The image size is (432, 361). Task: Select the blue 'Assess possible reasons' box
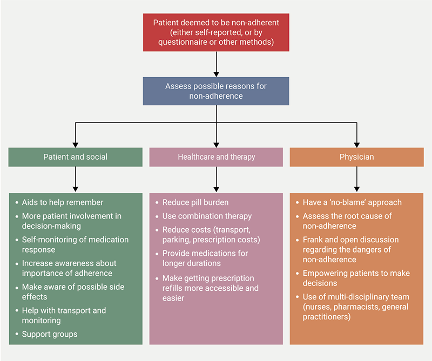(x=216, y=91)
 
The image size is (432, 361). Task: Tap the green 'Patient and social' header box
(x=76, y=157)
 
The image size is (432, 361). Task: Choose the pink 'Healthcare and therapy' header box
(x=216, y=157)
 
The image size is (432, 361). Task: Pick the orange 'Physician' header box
(x=356, y=157)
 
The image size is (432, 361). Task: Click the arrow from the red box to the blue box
(x=216, y=64)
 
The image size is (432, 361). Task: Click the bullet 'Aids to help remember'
(x=62, y=202)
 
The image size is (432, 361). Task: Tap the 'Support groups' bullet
(x=49, y=334)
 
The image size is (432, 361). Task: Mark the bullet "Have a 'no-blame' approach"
(x=352, y=202)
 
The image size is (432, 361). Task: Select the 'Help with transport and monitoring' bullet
(x=64, y=315)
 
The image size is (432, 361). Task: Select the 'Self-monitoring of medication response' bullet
(x=75, y=244)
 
